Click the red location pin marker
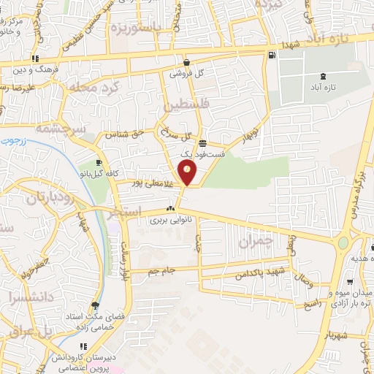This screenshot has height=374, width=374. [x=188, y=172]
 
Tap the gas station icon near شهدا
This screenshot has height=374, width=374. [x=272, y=56]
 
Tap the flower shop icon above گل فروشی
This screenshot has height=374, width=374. [x=187, y=63]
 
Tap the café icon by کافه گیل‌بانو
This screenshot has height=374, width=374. [x=98, y=162]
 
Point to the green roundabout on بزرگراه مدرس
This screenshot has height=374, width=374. [x=343, y=243]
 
